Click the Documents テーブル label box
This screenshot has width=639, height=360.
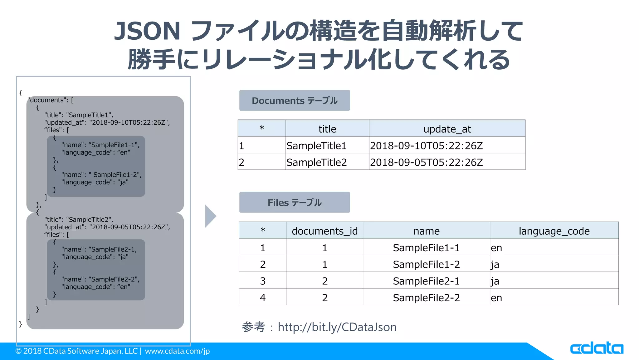click(x=294, y=100)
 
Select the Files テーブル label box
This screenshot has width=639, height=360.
click(x=294, y=202)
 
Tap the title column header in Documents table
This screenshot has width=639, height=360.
click(x=327, y=129)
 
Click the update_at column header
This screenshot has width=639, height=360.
click(x=447, y=129)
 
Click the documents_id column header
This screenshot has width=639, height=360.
click(x=324, y=231)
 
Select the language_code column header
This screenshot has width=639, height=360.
click(x=554, y=231)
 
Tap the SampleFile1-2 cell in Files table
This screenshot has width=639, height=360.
click(x=426, y=264)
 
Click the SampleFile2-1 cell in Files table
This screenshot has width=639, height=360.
click(x=426, y=281)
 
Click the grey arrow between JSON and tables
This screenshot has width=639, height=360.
click(x=210, y=216)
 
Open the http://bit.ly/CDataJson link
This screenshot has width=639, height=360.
click(x=337, y=327)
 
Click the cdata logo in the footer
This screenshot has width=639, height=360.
click(x=596, y=348)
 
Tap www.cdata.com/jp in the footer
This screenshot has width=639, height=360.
click(x=177, y=351)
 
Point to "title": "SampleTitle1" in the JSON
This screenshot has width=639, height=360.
click(x=79, y=115)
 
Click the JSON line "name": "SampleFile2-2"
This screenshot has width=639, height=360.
click(x=100, y=279)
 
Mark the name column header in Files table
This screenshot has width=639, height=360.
click(x=426, y=231)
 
